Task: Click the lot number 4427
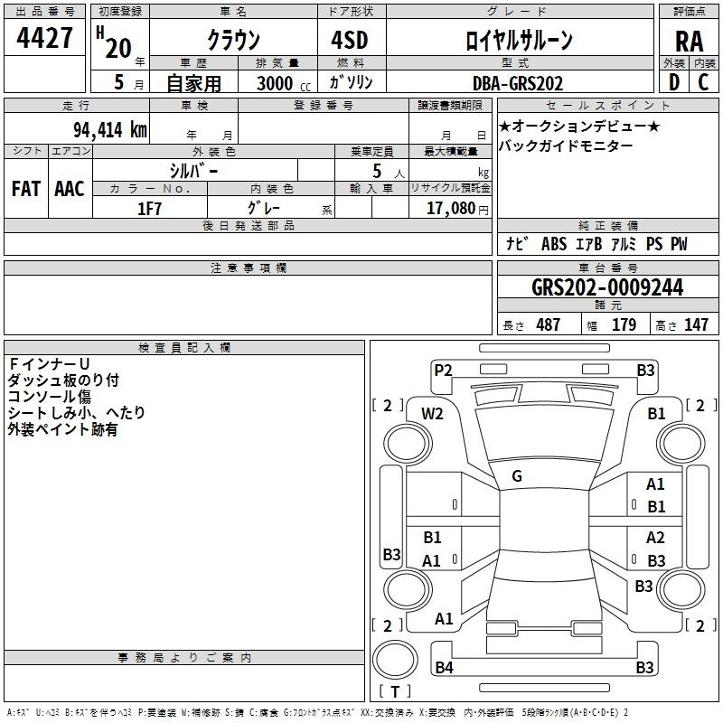pos(44,38)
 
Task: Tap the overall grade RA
pos(690,42)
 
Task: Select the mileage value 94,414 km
pos(109,129)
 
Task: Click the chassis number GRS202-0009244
pos(607,287)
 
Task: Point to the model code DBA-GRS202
pos(518,83)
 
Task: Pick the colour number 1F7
pos(149,209)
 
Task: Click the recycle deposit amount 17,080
pos(450,209)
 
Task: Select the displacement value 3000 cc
pos(284,83)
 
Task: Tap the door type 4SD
pos(350,40)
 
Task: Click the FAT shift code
pos(26,189)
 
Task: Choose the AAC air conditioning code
pos(70,189)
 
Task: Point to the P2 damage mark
pos(443,371)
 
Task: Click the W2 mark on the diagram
pos(432,414)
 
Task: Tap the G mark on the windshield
pos(517,476)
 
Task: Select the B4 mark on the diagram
pos(444,667)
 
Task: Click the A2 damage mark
pos(655,538)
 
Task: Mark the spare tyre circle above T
pos(395,660)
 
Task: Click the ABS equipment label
pos(554,244)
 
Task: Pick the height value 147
pos(696,324)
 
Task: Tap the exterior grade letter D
pos(674,82)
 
